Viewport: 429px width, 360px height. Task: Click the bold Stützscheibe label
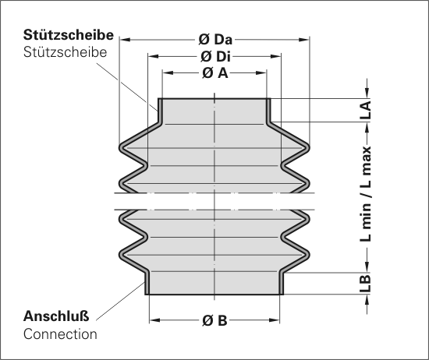click(x=69, y=35)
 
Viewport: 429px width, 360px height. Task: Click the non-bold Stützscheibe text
click(x=65, y=52)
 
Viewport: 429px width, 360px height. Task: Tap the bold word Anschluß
click(x=56, y=316)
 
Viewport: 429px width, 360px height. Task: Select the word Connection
click(x=60, y=334)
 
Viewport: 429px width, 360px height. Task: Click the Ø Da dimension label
click(x=215, y=40)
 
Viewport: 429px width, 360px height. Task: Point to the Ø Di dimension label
click(x=215, y=56)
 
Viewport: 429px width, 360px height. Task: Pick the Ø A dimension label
click(x=215, y=72)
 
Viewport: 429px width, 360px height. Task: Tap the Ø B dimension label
click(x=214, y=320)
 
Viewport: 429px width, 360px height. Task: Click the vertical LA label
click(x=366, y=110)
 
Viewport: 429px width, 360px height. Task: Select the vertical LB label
click(x=366, y=284)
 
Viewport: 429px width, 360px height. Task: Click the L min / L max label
click(x=366, y=194)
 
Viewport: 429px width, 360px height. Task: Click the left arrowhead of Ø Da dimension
click(x=125, y=40)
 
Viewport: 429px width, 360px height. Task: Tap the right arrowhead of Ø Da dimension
click(x=304, y=40)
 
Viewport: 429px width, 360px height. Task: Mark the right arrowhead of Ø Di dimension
click(x=275, y=56)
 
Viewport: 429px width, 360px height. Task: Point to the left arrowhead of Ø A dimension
click(x=168, y=72)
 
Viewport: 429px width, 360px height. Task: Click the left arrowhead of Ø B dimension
click(x=155, y=320)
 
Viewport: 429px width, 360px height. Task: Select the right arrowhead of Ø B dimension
click(x=274, y=320)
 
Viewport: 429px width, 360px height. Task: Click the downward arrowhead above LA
click(x=367, y=93)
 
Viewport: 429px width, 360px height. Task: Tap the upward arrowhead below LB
click(x=367, y=301)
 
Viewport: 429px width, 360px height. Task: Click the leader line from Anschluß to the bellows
click(x=121, y=301)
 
